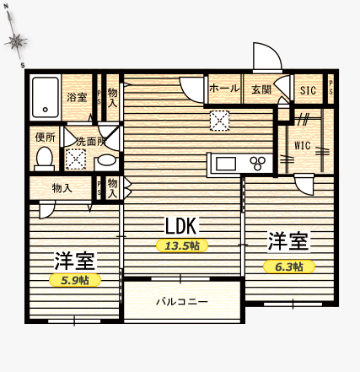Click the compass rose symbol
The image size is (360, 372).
(16, 42)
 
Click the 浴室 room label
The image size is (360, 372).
(77, 97)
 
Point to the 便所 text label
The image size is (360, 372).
(45, 136)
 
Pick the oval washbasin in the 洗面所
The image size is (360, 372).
(107, 160)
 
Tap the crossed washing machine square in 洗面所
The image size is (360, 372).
(76, 159)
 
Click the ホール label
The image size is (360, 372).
(223, 89)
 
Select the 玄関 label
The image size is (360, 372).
(260, 89)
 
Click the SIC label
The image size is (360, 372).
(307, 89)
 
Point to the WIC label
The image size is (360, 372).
(303, 145)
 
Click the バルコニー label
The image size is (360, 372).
(180, 300)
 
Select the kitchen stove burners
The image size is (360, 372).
(258, 163)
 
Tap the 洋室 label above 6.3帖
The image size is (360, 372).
(289, 242)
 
